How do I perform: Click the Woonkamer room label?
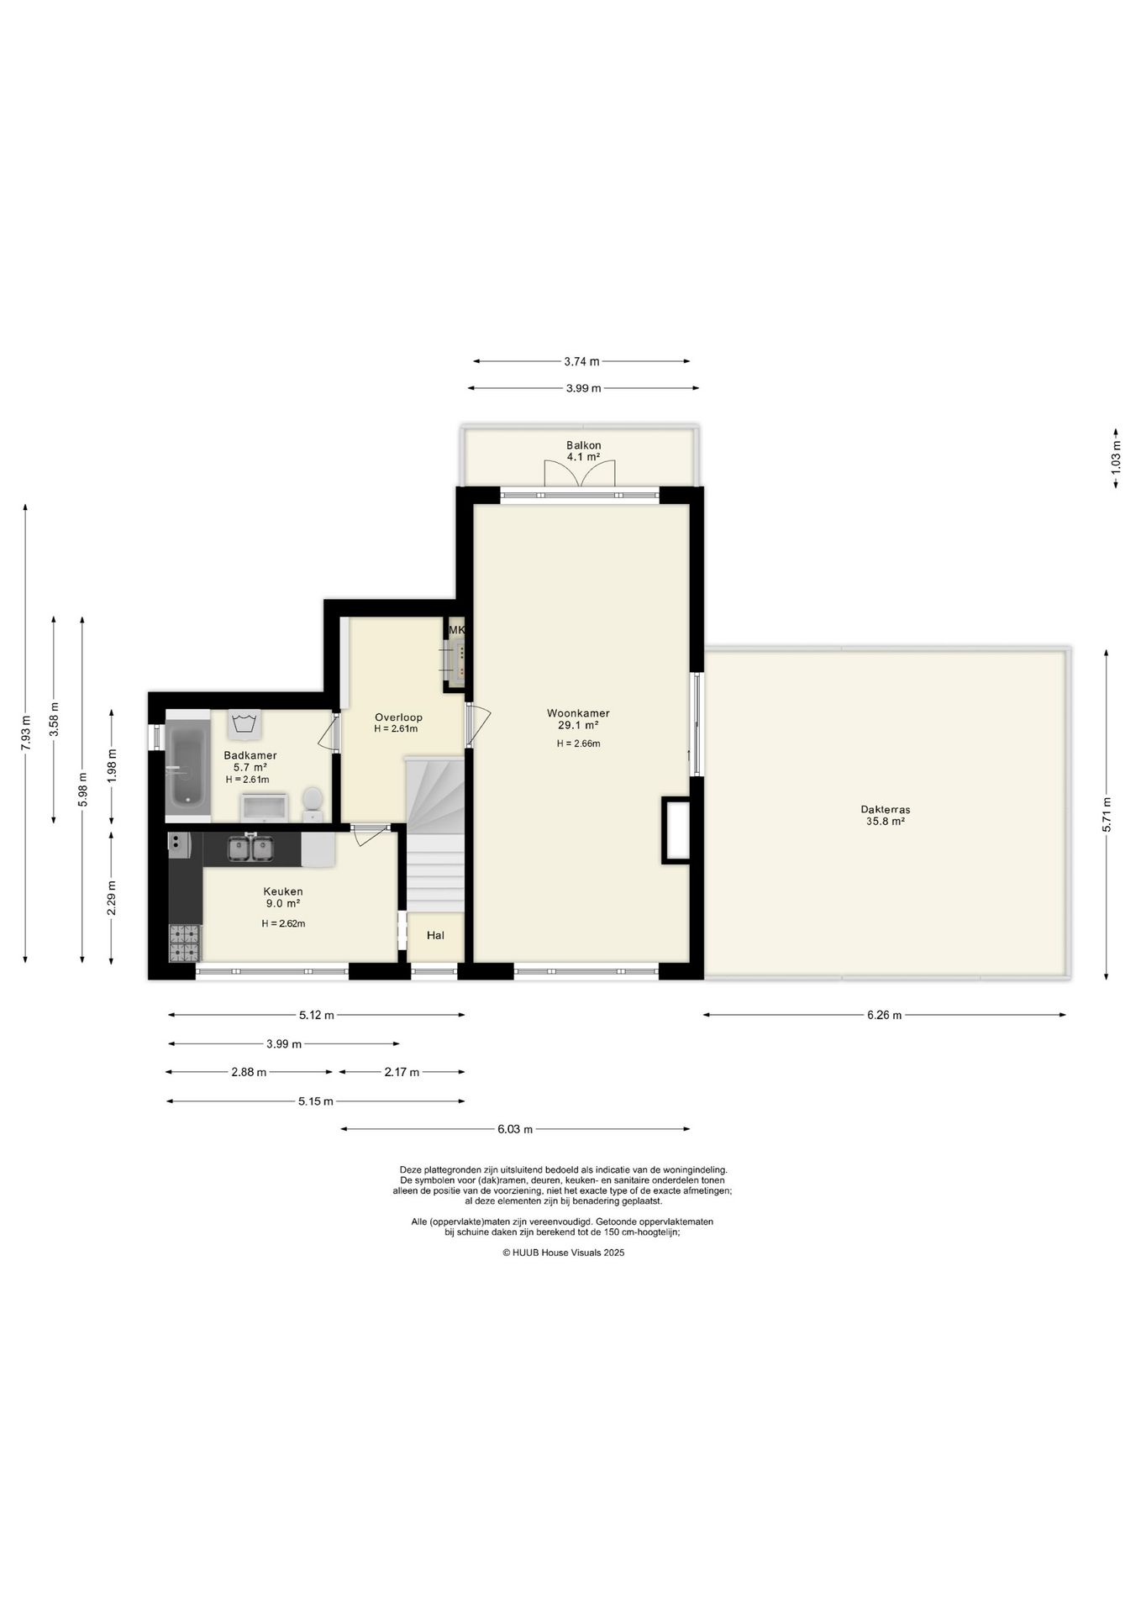[578, 713]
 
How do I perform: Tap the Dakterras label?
[885, 810]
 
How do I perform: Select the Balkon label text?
[583, 445]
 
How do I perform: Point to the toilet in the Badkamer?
[313, 803]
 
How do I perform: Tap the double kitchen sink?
[250, 849]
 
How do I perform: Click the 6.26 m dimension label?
[885, 1015]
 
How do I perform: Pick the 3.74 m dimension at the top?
[581, 361]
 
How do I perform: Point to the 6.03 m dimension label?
[515, 1129]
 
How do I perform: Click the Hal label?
[435, 935]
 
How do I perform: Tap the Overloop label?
[398, 717]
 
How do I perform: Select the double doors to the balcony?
[581, 473]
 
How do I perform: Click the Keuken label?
[283, 891]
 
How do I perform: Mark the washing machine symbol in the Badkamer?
[244, 723]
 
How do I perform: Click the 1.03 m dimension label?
[1116, 460]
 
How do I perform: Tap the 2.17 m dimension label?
[402, 1072]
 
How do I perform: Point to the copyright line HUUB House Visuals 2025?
[564, 1252]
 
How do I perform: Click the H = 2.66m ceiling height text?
[578, 743]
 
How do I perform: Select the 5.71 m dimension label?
[1107, 814]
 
